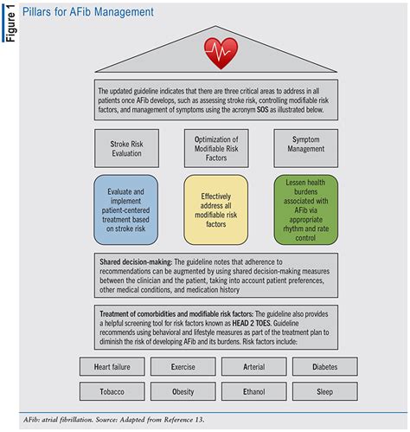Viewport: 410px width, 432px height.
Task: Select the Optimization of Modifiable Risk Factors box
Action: [x=211, y=147]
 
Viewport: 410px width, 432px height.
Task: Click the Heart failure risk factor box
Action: [x=116, y=367]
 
